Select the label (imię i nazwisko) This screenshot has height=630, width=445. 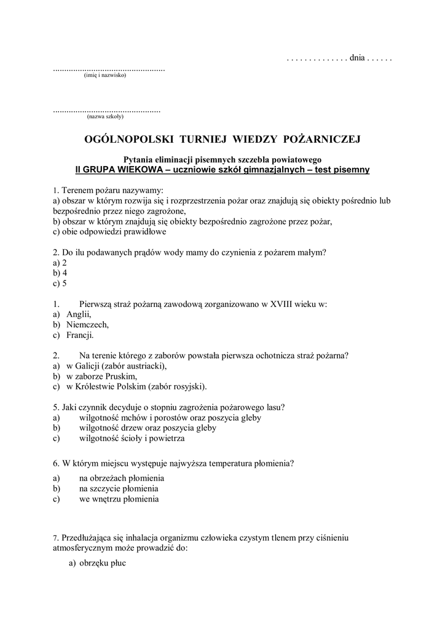point(104,76)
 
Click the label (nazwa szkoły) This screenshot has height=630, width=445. point(106,116)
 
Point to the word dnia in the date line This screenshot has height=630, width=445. point(357,58)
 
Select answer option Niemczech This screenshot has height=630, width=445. point(87,324)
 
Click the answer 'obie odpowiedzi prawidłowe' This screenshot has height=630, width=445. point(110,233)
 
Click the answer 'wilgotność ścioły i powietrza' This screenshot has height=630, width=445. point(132,439)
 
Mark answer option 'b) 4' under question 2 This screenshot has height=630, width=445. point(60,273)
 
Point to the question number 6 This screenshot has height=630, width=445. point(56,463)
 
